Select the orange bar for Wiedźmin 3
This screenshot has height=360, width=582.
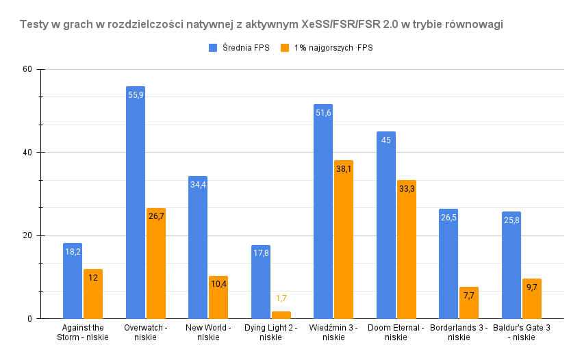(x=344, y=240)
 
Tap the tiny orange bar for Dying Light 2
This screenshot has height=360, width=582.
(x=281, y=315)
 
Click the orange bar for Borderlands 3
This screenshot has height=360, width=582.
(x=469, y=303)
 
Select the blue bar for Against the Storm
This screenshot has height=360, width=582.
(x=73, y=281)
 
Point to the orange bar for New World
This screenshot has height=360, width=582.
(x=218, y=297)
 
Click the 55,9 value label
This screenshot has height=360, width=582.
(x=136, y=95)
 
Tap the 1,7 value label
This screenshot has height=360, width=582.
(x=281, y=298)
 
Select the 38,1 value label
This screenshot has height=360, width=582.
(x=344, y=169)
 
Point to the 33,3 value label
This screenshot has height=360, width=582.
(x=407, y=189)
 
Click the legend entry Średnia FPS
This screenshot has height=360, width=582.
(x=240, y=48)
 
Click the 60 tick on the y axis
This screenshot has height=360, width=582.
(x=28, y=70)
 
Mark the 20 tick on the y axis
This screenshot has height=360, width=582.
(x=28, y=235)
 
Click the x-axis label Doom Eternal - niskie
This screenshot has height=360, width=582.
(x=396, y=332)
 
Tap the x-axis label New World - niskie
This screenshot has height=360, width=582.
(x=208, y=332)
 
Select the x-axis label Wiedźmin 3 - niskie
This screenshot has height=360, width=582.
(x=333, y=332)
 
